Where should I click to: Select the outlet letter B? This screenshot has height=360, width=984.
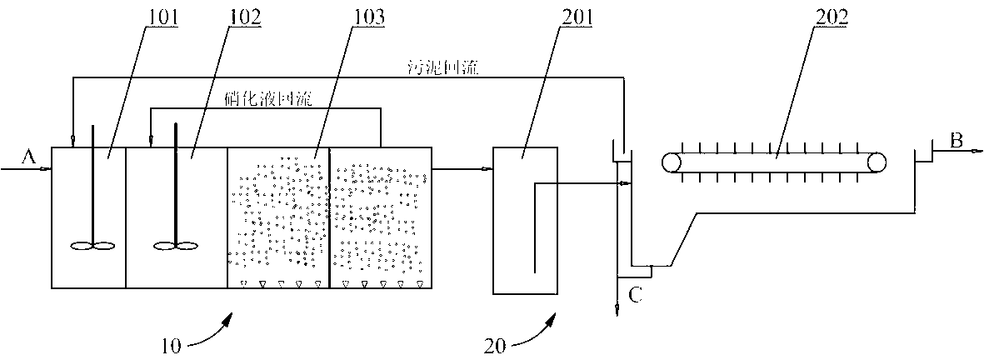point(957,142)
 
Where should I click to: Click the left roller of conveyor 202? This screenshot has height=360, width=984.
point(671,162)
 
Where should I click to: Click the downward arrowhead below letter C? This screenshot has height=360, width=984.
point(617,310)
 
